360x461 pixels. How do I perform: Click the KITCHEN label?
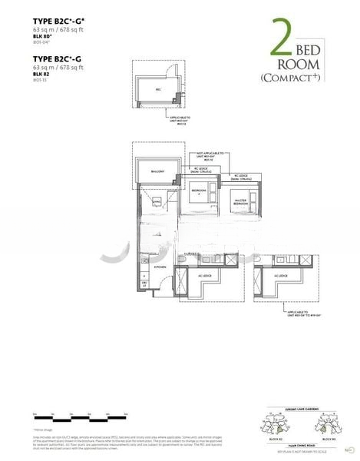(x=160, y=266)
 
